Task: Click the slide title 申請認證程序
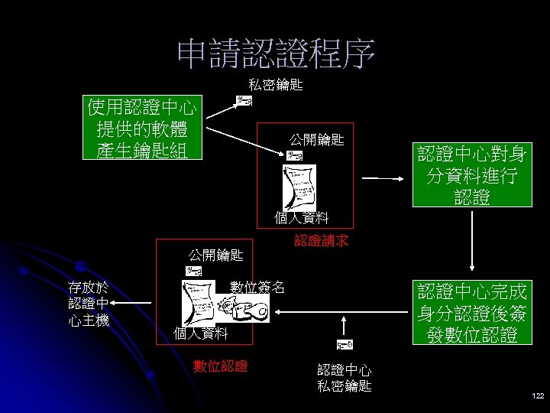tap(276, 53)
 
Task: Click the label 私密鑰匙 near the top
tap(275, 86)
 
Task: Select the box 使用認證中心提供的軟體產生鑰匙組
tap(142, 128)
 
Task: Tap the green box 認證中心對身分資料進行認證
tap(471, 175)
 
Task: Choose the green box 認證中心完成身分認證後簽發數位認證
tap(471, 312)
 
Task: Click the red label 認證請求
tap(321, 241)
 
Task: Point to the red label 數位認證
tap(220, 366)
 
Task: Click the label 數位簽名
tap(257, 288)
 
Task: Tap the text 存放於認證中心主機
tap(89, 304)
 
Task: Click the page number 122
tap(536, 396)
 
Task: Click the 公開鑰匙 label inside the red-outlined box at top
tap(315, 140)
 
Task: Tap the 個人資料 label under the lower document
tap(200, 333)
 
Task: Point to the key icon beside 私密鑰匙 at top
tap(244, 102)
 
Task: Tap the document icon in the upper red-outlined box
tap(299, 184)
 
